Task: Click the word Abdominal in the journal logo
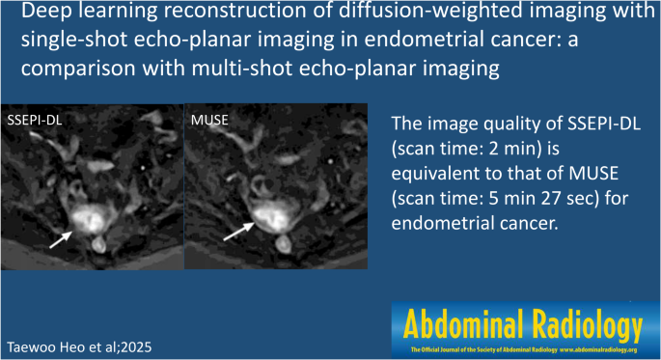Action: pyautogui.click(x=459, y=322)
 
